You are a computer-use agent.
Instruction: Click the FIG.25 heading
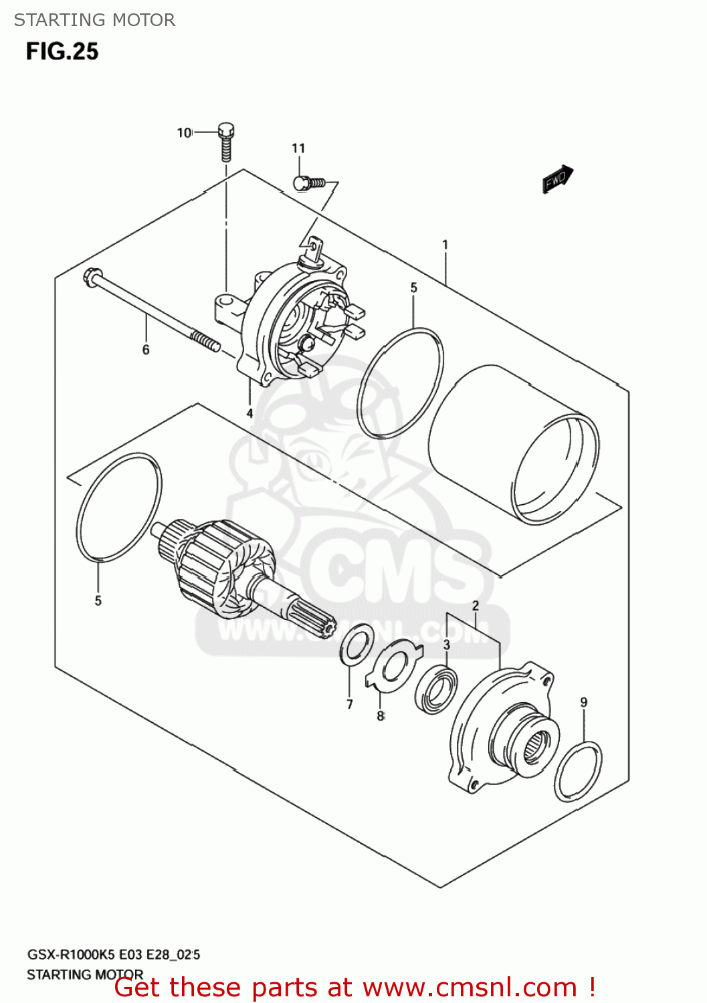tap(62, 51)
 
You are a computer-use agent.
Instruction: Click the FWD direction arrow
tap(557, 179)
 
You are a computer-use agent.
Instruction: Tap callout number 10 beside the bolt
tap(184, 133)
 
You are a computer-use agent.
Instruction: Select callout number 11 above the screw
tap(298, 148)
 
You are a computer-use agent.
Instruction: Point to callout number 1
tap(445, 245)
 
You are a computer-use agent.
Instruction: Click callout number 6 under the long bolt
tap(146, 350)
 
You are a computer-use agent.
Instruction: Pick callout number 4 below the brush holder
tap(249, 413)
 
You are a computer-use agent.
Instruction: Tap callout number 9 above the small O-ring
tap(584, 702)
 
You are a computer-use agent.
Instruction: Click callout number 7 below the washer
tap(349, 703)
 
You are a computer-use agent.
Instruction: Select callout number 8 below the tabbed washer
tap(380, 716)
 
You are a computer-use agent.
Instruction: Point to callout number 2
tap(476, 606)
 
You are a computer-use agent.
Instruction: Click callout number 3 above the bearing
tap(446, 645)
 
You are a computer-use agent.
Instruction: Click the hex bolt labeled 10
tap(226, 142)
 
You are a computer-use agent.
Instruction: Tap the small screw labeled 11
tap(308, 182)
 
